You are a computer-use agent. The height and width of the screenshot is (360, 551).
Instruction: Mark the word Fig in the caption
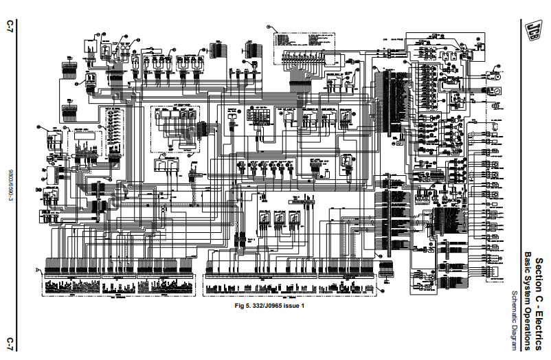coord(240,306)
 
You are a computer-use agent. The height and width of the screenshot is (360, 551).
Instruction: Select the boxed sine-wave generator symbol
coord(495,91)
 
